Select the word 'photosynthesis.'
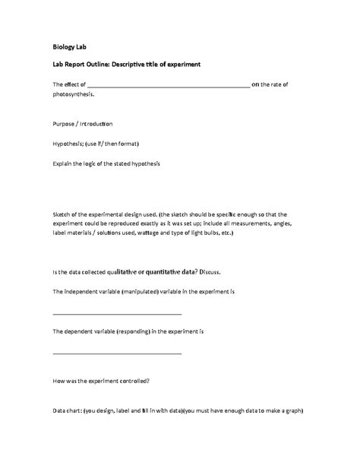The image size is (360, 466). tap(74, 96)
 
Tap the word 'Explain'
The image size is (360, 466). tap(65, 163)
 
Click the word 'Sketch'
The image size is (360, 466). tap(63, 214)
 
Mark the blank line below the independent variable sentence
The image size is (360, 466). tap(117, 313)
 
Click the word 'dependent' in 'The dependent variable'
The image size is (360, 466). tap(81, 331)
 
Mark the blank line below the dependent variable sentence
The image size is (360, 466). tap(117, 353)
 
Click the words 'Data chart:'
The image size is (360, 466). tap(67, 409)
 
